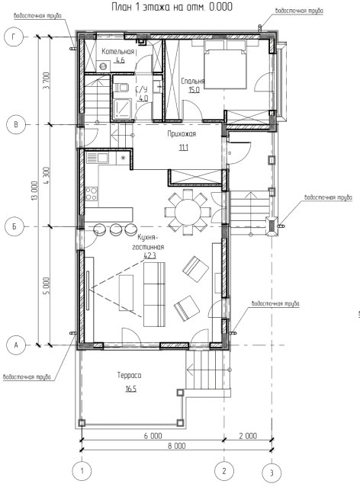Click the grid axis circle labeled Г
pos(14,37)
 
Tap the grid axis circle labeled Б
pos(14,226)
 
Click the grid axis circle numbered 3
pos(272,473)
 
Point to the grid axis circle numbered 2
pos(224,470)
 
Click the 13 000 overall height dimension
pos(34,191)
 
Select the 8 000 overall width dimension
pos(177,446)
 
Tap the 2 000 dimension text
pos(248,436)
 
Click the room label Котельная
pos(118,52)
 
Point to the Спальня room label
pos(193,82)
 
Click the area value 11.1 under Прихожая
pos(183,148)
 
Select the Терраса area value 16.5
pos(131,389)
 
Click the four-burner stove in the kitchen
pos(92,193)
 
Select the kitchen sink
pos(98,158)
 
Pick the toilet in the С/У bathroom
pos(121,88)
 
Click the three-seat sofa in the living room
pos(154,294)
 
